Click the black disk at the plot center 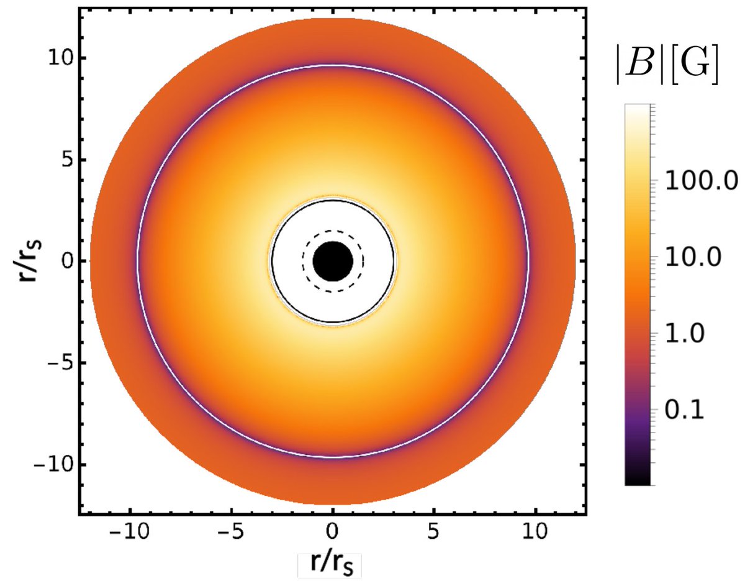(x=333, y=262)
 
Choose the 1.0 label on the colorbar (x=687, y=334)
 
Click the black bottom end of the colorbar (x=637, y=478)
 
